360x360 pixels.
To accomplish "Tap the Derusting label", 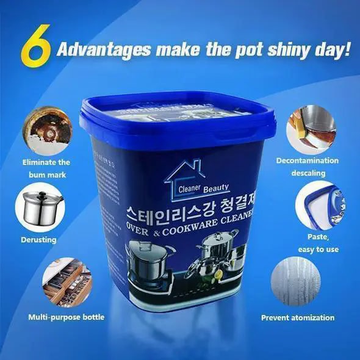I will [39, 240].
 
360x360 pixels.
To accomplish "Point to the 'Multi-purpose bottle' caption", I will [67, 317].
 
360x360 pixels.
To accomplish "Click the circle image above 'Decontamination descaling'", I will [311, 129].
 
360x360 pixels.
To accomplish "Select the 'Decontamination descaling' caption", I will [307, 167].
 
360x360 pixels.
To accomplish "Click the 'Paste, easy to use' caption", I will [318, 243].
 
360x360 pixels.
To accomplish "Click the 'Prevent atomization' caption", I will [298, 317].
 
